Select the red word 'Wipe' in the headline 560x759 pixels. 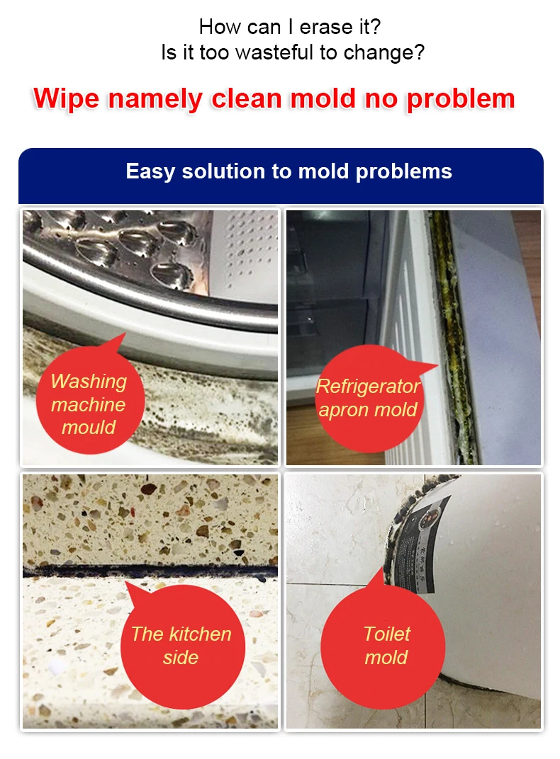(x=67, y=98)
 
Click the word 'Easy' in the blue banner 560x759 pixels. (x=150, y=172)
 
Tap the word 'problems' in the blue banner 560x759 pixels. (x=403, y=172)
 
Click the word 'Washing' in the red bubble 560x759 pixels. (x=89, y=382)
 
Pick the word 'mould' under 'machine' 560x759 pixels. (x=89, y=428)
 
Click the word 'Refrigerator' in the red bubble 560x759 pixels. (x=368, y=387)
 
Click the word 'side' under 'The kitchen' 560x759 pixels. (x=181, y=657)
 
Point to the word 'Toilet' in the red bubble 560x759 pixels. (x=387, y=634)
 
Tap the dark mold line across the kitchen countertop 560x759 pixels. (x=150, y=570)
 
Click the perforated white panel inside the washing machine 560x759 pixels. (x=245, y=254)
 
